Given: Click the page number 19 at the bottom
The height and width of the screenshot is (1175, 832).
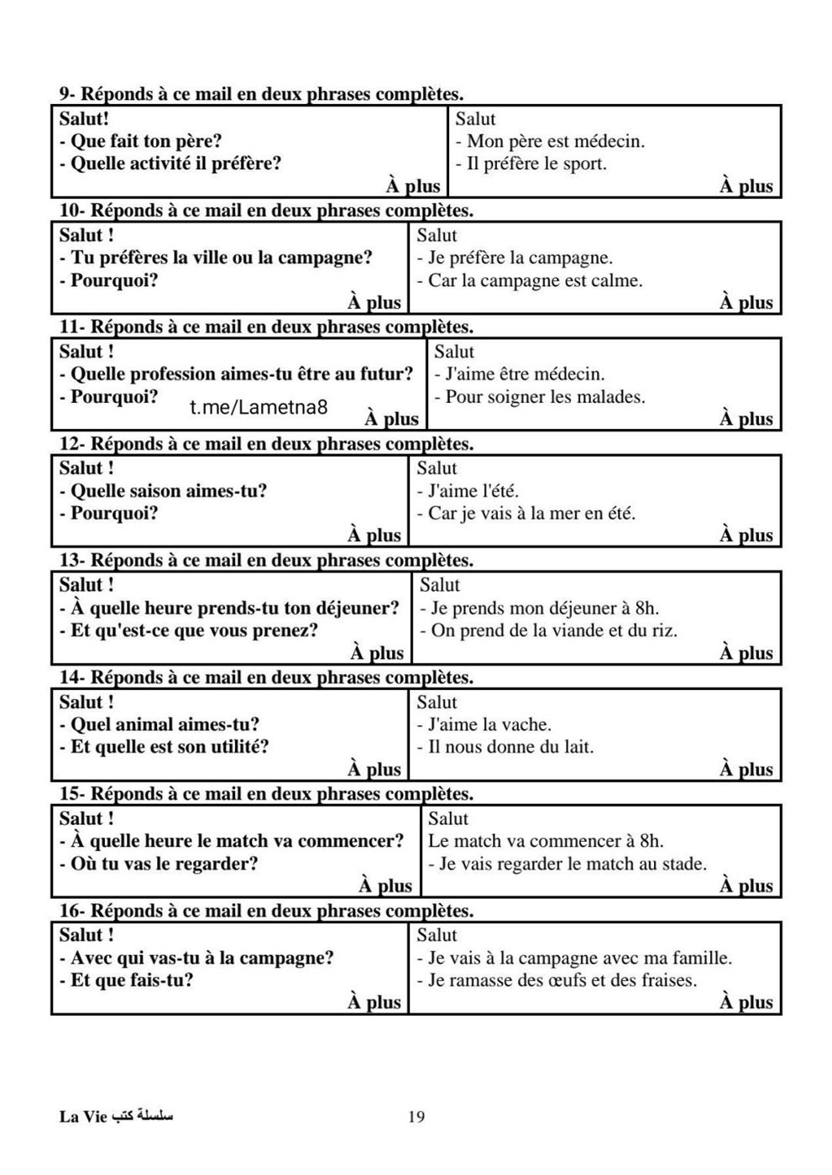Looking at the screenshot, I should coord(416,1116).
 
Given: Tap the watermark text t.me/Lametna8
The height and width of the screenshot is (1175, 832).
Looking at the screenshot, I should coord(259,408).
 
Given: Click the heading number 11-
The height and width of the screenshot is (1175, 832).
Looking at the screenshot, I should coord(71,326).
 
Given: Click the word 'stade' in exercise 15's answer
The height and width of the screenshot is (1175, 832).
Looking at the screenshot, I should coord(682,864).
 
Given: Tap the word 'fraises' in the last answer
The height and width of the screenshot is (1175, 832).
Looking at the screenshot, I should coord(668,980).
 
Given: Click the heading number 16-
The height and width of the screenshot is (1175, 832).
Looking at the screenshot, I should coord(71,911).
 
